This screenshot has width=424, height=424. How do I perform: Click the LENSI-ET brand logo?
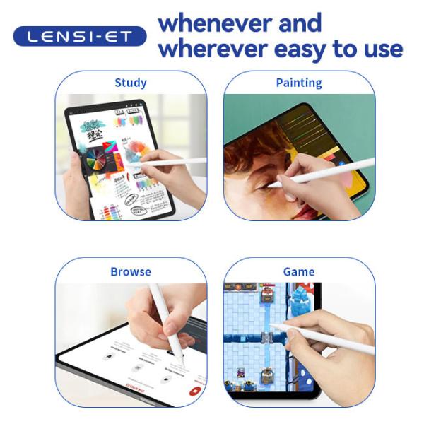point(79,36)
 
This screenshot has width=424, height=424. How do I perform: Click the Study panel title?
point(131,83)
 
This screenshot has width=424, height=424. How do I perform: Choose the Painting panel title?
point(299,83)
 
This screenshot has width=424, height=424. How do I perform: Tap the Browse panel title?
point(131,271)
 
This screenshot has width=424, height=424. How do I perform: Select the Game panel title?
point(299,271)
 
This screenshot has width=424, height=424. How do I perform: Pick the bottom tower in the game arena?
point(267,377)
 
